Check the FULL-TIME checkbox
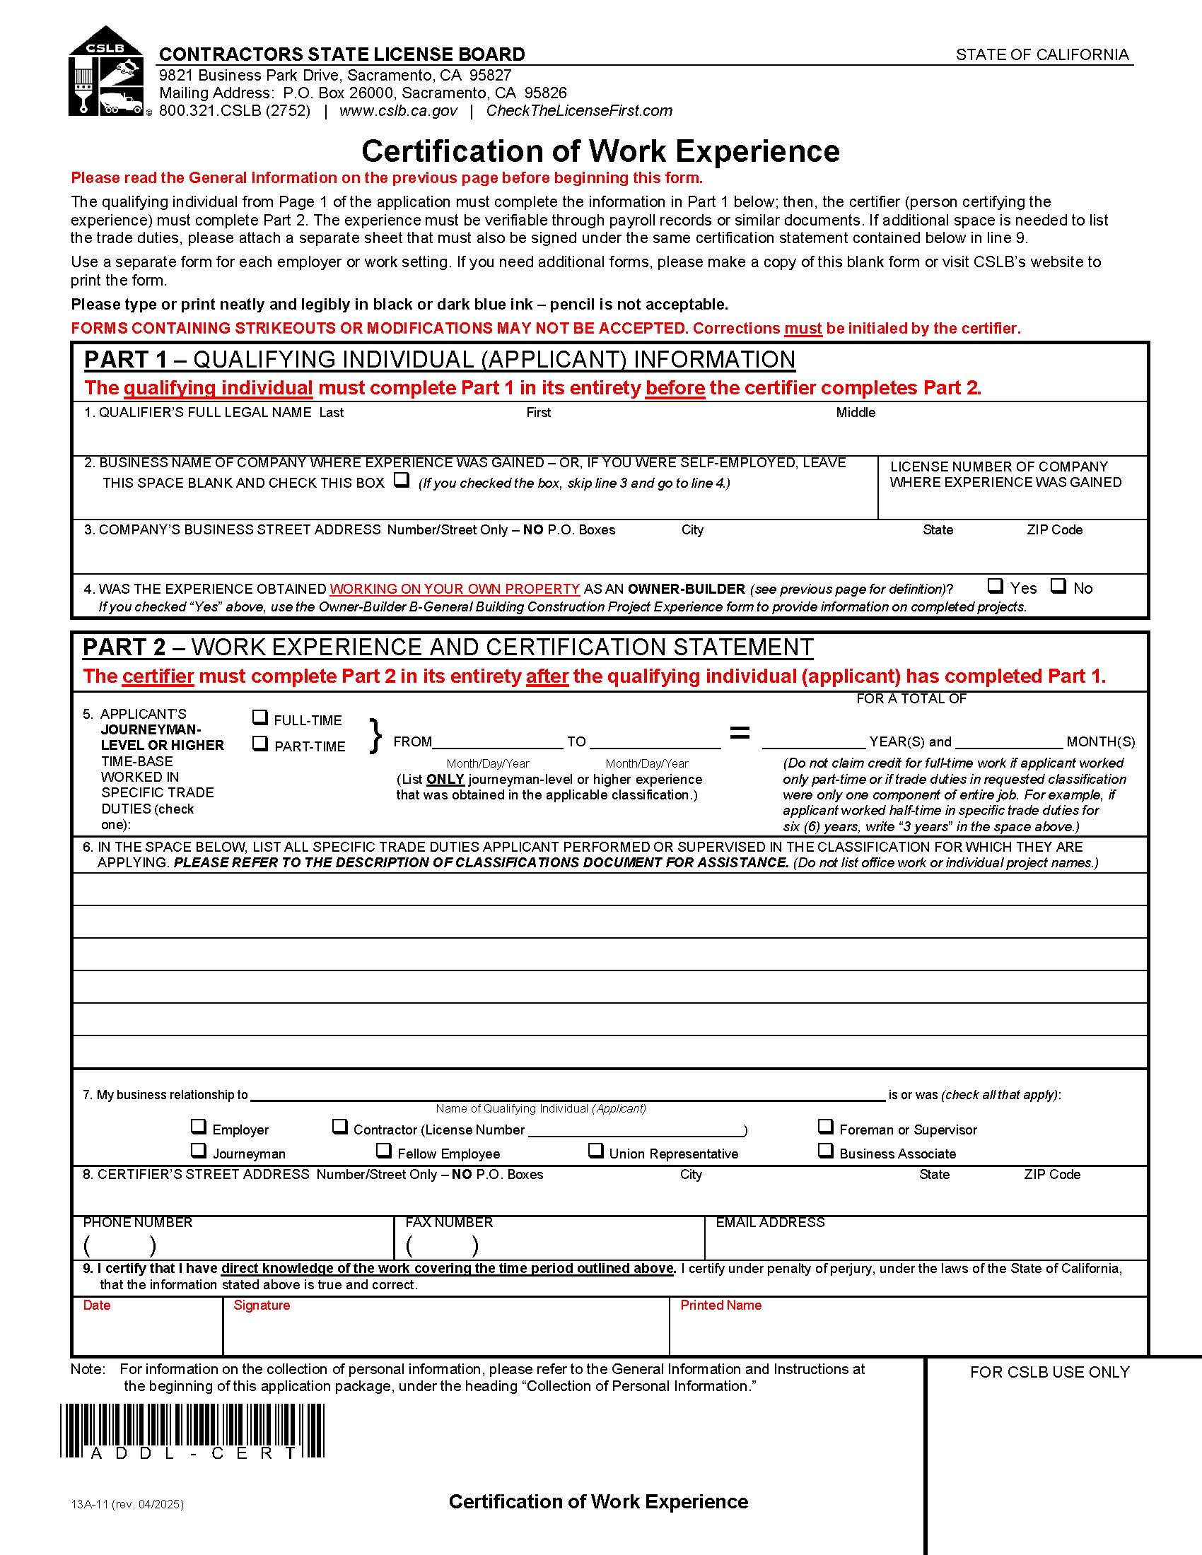coord(261,717)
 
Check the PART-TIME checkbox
coord(261,744)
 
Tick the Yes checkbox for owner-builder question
coord(996,586)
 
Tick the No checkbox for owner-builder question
coord(1059,586)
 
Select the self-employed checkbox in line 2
coord(402,480)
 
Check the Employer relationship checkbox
coord(199,1127)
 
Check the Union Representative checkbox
coord(595,1151)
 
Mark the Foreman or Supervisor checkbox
coord(825,1127)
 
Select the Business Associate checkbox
coord(825,1151)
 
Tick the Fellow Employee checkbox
coord(384,1151)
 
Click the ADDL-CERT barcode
coord(192,1431)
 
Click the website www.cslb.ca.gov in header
coord(398,111)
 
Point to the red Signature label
coord(262,1305)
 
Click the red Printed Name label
coord(720,1305)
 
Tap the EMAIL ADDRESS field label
coord(770,1223)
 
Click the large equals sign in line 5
coord(740,733)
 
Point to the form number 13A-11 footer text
coord(127,1504)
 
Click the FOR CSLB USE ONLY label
coord(1049,1372)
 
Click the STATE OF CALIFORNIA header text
coord(1041,55)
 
